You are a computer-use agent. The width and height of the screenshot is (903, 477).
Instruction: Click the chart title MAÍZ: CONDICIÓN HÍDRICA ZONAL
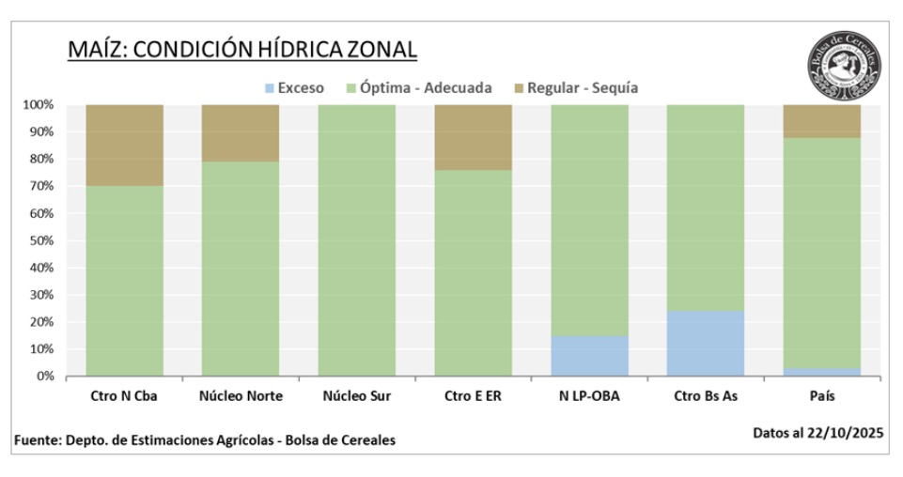tap(242, 50)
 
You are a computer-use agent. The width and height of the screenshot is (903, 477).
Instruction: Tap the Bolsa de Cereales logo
tap(843, 63)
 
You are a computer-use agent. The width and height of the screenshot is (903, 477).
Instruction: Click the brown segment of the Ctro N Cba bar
tap(125, 145)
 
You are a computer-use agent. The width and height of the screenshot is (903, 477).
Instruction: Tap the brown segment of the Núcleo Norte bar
tap(241, 132)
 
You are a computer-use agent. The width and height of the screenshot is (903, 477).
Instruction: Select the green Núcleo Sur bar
tap(357, 239)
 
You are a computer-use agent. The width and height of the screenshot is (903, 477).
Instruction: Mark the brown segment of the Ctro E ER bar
tap(473, 137)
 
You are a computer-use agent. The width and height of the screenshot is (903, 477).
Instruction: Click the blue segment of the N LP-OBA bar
tap(589, 356)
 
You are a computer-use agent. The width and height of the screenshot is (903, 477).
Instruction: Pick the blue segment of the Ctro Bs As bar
tap(706, 344)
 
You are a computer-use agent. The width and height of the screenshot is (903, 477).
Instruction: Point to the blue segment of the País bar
tap(821, 372)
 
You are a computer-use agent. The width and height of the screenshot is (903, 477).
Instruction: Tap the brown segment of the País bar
tap(821, 121)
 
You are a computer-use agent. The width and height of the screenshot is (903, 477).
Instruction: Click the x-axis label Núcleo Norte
tap(241, 396)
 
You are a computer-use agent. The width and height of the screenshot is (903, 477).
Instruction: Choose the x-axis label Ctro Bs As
tap(706, 396)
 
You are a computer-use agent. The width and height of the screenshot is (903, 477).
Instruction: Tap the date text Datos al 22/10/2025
tap(817, 433)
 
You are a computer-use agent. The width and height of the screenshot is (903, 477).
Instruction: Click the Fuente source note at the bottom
tap(205, 440)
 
